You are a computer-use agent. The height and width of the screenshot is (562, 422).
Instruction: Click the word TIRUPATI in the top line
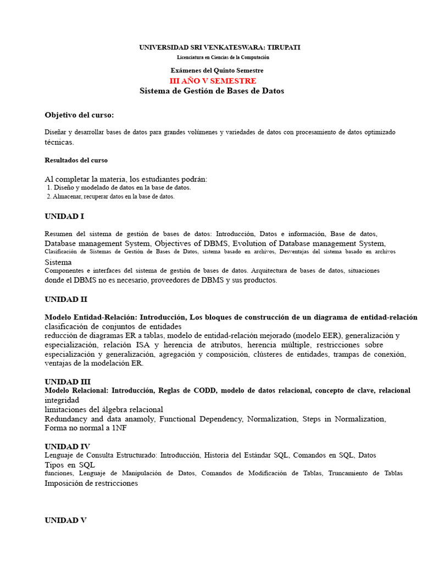282,48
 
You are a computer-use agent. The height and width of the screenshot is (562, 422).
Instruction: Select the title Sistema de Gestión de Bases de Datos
212,91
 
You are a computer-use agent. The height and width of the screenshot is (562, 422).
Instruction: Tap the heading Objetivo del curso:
79,115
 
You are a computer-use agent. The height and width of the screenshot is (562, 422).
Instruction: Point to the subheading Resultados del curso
76,160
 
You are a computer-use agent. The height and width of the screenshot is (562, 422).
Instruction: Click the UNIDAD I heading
64,216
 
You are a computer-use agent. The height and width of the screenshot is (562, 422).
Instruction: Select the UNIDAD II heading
66,300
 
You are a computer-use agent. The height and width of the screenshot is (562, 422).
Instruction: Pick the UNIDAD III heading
68,381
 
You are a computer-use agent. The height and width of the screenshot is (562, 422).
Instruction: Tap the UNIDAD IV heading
67,446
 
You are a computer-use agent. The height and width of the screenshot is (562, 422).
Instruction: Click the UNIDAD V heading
65,520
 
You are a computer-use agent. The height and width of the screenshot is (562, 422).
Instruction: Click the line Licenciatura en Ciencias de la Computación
223,57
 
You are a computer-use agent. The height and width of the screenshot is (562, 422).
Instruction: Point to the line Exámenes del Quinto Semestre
217,70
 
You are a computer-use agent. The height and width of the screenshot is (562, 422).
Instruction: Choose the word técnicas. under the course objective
59,142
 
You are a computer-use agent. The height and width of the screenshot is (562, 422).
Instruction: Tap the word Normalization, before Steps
271,419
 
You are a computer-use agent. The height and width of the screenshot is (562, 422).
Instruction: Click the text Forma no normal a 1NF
85,428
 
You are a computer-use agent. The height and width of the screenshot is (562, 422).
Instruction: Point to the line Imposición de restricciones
91,484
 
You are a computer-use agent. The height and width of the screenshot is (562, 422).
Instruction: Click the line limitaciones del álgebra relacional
104,409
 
